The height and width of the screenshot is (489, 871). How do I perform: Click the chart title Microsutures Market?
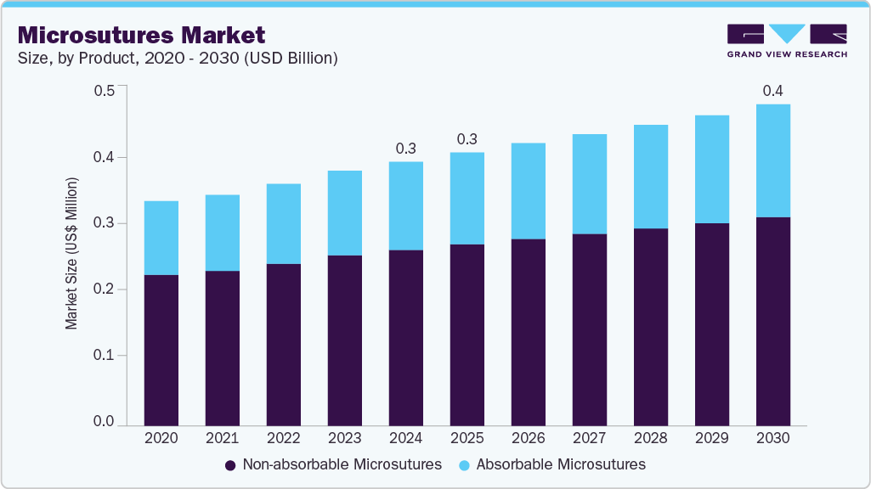[141, 35]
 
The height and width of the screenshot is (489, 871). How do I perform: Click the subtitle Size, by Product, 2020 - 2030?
[178, 59]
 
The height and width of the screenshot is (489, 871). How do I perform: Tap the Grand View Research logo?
[786, 41]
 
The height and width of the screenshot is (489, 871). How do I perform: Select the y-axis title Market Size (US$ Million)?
[72, 253]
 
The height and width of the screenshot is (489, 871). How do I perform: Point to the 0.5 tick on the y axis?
[104, 91]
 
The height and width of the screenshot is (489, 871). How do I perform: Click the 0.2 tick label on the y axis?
[104, 289]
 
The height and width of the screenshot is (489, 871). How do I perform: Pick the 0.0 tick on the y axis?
[104, 422]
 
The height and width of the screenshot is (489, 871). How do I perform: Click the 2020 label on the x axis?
[161, 438]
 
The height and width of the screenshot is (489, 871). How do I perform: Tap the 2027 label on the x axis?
[589, 438]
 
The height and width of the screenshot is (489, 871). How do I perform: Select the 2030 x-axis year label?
[772, 438]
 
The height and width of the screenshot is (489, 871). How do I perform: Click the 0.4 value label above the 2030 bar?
[772, 91]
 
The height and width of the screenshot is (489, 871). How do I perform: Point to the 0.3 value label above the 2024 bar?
[405, 149]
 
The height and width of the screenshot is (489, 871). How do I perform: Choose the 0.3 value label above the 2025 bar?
[467, 139]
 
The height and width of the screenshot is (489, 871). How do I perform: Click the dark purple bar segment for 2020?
[161, 350]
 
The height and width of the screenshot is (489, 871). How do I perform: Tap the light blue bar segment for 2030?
[772, 160]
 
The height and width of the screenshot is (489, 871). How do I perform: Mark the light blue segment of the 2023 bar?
[344, 213]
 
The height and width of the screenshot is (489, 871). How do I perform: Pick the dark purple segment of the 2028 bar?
[650, 327]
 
